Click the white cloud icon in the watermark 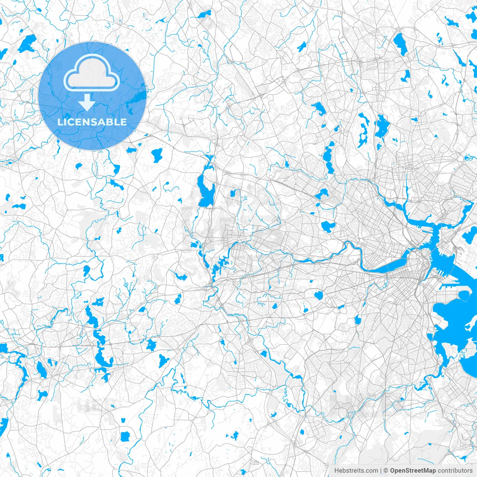[x=91, y=73]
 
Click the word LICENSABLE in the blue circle [x=92, y=122]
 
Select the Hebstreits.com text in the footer [x=356, y=471]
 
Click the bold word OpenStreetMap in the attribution [x=413, y=471]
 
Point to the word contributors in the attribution [x=455, y=471]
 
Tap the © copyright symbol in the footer [x=386, y=471]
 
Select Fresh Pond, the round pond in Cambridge [x=328, y=226]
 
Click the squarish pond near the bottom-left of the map [x=124, y=436]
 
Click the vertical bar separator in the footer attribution [x=380, y=471]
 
